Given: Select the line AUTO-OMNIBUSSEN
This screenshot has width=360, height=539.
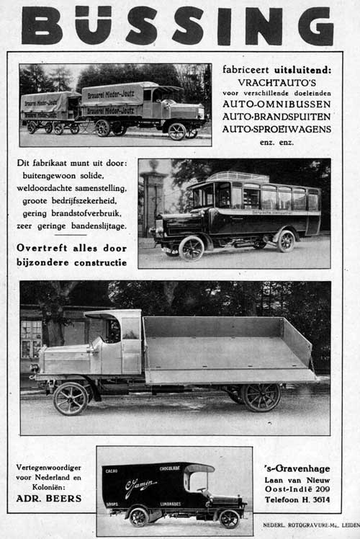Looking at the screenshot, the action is [x=276, y=104].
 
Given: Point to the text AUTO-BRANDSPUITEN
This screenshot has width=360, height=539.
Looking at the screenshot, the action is [x=276, y=117].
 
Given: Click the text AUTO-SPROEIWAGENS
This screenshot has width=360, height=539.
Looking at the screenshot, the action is [x=276, y=129].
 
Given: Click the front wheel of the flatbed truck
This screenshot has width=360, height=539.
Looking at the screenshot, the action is [x=71, y=398].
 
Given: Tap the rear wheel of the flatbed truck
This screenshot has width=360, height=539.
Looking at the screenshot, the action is [x=261, y=396].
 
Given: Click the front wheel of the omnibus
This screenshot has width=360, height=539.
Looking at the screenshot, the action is [x=192, y=249].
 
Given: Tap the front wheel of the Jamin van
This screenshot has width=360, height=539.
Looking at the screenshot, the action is [x=229, y=519].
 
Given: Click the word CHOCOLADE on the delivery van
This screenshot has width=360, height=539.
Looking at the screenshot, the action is [x=170, y=469].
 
